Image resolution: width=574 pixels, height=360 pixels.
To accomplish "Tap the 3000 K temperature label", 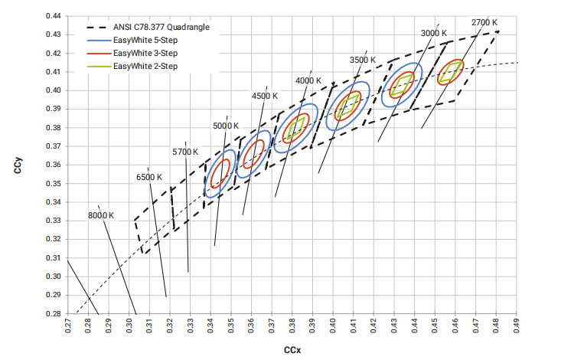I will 433,34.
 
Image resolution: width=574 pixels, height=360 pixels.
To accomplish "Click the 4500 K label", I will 264,97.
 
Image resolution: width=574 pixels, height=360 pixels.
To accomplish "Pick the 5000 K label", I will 226,126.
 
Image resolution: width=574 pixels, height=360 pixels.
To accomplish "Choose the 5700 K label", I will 186,152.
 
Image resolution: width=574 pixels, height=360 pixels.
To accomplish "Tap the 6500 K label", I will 149,177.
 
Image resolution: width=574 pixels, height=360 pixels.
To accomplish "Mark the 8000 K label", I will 100,215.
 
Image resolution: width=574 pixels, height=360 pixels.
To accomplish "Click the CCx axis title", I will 292,349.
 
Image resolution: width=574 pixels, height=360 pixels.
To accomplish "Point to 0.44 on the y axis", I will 55,16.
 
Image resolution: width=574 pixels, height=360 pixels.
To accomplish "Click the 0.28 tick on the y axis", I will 55,314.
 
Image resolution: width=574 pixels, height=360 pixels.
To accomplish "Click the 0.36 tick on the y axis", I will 55,165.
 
